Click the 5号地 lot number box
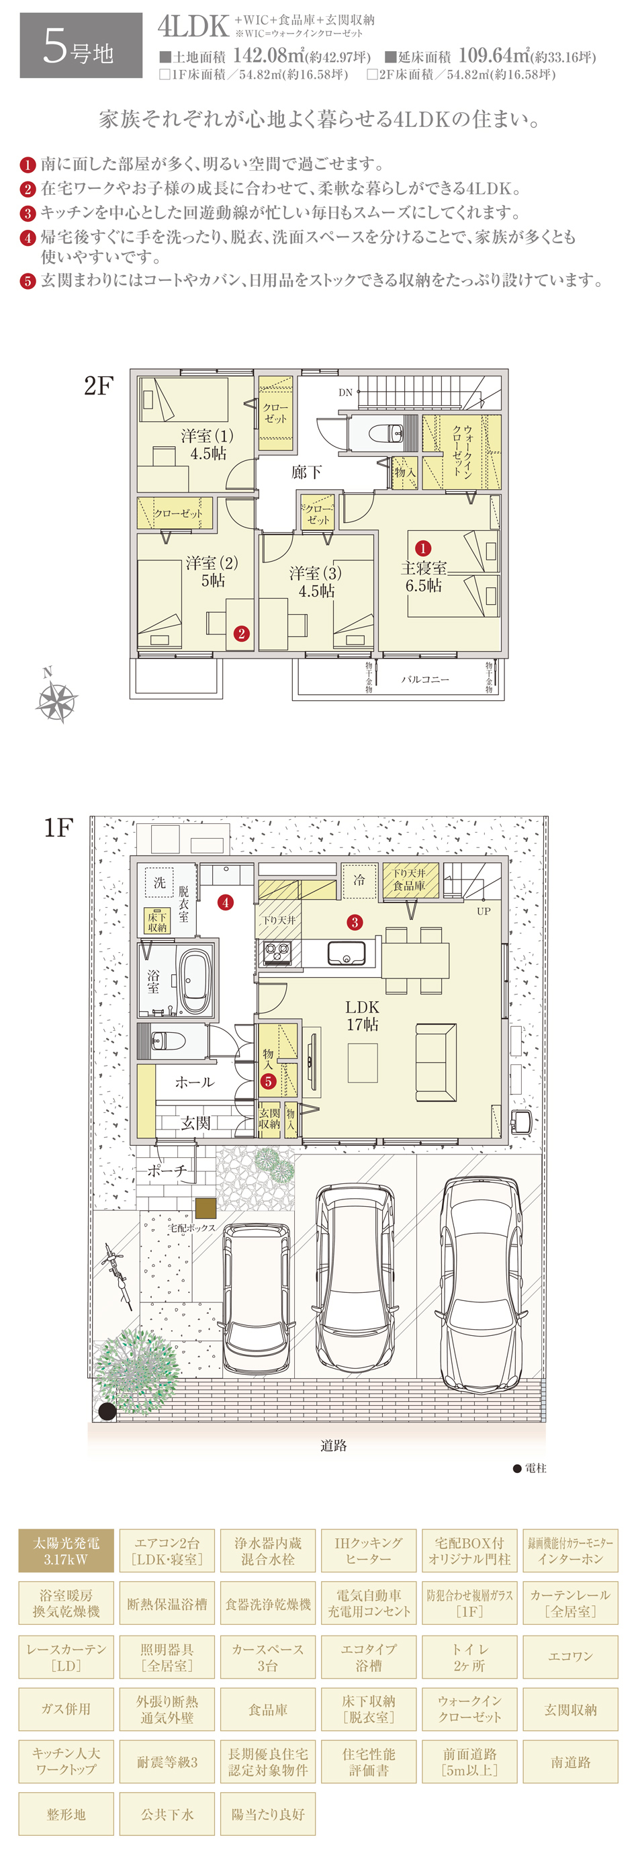pos(81,46)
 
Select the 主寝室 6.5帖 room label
pos(423,577)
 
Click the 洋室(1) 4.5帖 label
pos(208,444)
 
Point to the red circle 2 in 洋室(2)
pos(242,633)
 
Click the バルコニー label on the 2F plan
pos(424,679)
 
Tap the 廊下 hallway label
pos(306,472)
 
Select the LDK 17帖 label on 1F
pos(362,1015)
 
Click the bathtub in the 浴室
pos(194,982)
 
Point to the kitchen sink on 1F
pos(347,953)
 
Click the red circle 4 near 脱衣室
pos(226,902)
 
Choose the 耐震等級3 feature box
pos(167,1761)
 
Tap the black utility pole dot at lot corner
pos(107,1412)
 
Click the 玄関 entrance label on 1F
pos(195,1122)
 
